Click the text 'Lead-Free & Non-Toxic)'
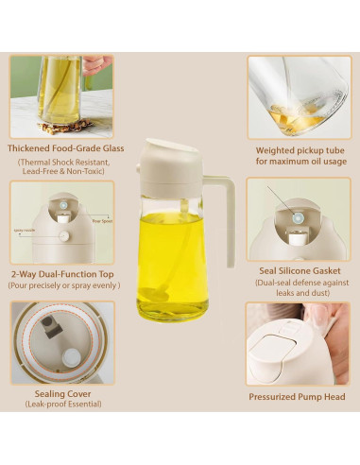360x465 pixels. pos(61,172)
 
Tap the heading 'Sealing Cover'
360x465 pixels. pos(61,393)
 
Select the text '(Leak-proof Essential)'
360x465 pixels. pos(61,405)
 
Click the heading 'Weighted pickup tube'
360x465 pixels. pos(298,149)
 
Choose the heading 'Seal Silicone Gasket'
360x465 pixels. pos(298,270)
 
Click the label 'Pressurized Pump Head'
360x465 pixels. pos(298,397)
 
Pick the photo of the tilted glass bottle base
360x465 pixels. pos(298,97)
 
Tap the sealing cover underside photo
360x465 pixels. pos(61,343)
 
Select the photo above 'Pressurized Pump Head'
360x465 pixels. pos(298,343)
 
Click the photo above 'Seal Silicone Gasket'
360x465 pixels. pos(298,219)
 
